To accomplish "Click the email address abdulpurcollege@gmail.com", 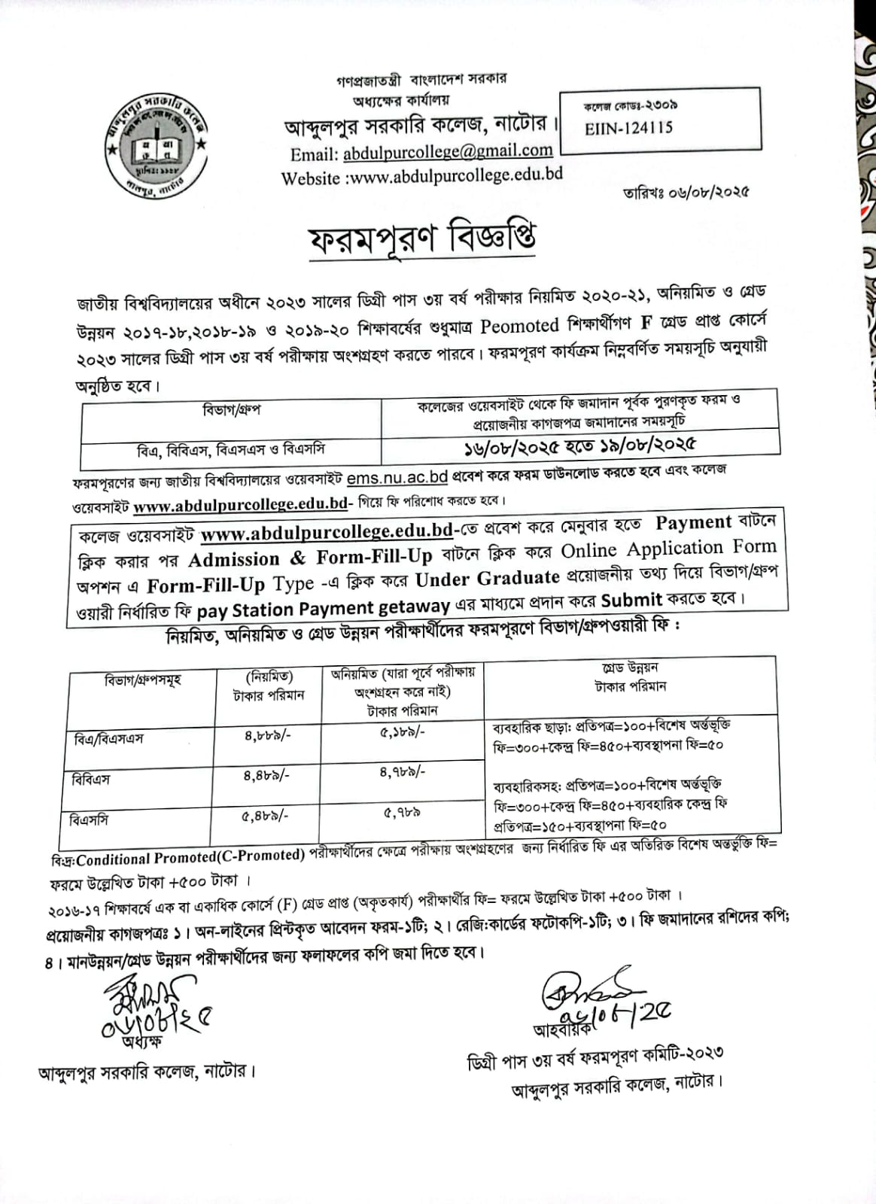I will [x=448, y=152].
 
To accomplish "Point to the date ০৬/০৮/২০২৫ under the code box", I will [x=707, y=192].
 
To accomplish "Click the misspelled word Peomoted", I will [x=519, y=326].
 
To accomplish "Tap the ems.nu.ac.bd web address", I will [x=397, y=478].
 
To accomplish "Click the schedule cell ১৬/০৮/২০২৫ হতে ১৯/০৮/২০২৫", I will [x=579, y=445].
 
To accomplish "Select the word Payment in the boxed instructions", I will [x=693, y=522].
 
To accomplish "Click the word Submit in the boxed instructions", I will [x=631, y=600].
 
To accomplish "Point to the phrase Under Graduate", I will [x=488, y=579].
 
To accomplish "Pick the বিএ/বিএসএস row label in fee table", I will [x=109, y=738].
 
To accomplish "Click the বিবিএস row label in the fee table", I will [x=90, y=779].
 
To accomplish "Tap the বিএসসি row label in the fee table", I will [x=89, y=819].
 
